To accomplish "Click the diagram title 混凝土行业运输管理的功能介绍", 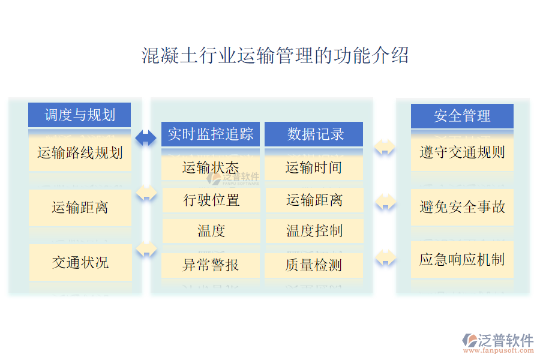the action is pyautogui.click(x=275, y=55).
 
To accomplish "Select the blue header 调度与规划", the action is pyautogui.click(x=80, y=115).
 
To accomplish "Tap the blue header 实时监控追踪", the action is pyautogui.click(x=211, y=134).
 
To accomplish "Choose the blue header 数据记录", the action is pyautogui.click(x=314, y=134).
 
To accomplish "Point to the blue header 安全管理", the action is pyautogui.click(x=462, y=116).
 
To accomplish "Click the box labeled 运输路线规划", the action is pyautogui.click(x=80, y=152).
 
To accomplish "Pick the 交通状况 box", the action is pyautogui.click(x=80, y=263).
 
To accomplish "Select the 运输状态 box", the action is pyautogui.click(x=211, y=168).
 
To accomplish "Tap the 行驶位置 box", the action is pyautogui.click(x=211, y=200).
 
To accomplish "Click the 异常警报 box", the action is pyautogui.click(x=211, y=265).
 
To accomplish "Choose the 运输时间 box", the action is pyautogui.click(x=314, y=168).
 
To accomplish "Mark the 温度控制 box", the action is pyautogui.click(x=314, y=231).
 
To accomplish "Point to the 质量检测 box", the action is pyautogui.click(x=314, y=265).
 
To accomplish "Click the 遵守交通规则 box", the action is pyautogui.click(x=462, y=152).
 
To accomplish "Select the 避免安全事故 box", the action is pyautogui.click(x=462, y=207).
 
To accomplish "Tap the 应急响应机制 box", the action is pyautogui.click(x=462, y=259).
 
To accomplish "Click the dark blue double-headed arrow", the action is pyautogui.click(x=146, y=138).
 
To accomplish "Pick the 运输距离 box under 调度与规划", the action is pyautogui.click(x=80, y=208).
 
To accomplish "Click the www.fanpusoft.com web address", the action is pyautogui.click(x=498, y=350).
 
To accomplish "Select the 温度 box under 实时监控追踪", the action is pyautogui.click(x=211, y=231).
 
